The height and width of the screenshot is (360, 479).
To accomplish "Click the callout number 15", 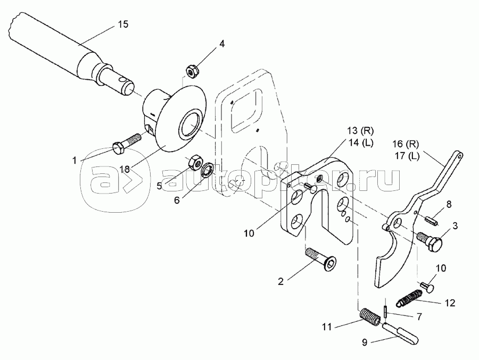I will coord(122,24).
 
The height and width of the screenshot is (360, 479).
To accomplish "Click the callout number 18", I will coord(124,170).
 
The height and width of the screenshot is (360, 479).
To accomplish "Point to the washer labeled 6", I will coord(208,170).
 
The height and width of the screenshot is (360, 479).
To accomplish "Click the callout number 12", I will coord(450,304).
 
